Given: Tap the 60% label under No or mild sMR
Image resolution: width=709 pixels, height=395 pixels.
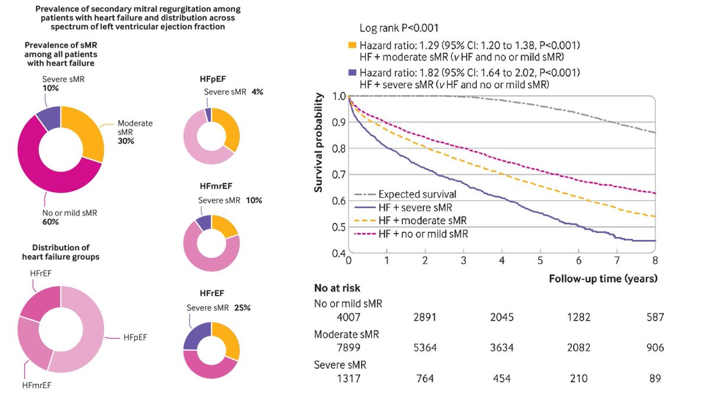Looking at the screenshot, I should click(x=50, y=222).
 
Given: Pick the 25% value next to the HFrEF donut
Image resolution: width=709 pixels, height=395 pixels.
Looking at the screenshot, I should click(x=242, y=307).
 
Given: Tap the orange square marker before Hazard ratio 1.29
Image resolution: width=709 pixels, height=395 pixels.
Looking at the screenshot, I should click(x=352, y=45).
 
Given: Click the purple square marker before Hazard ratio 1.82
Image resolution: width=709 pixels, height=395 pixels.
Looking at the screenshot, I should click(x=352, y=73).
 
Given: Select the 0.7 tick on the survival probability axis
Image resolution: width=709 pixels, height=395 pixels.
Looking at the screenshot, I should click(x=338, y=174).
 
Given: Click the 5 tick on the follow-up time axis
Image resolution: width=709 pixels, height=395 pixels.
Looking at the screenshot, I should click(x=539, y=261).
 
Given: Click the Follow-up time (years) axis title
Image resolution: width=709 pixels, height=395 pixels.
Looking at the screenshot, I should click(x=603, y=277).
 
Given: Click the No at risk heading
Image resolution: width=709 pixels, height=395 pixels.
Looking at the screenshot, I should click(x=337, y=289).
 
